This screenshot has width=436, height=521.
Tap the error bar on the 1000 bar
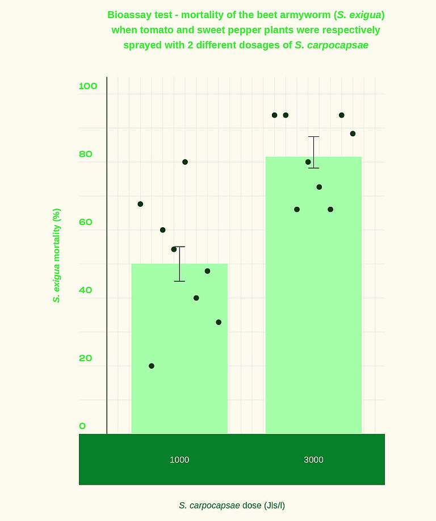tap(179, 264)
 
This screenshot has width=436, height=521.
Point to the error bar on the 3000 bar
tap(313, 152)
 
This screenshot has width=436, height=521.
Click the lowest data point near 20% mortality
tap(152, 366)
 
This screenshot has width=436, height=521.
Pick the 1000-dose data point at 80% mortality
tap(185, 162)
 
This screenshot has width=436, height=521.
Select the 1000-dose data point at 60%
tap(163, 230)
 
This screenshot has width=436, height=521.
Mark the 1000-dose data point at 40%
tap(196, 298)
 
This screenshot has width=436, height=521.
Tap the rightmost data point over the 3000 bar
tap(353, 134)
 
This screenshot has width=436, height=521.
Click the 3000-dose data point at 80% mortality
tap(308, 162)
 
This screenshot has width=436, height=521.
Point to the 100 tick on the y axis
tap(88, 86)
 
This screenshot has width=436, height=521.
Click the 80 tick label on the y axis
tap(85, 154)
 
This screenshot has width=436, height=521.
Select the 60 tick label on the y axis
tap(85, 222)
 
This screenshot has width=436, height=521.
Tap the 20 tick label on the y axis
tap(85, 358)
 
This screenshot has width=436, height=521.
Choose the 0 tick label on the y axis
tap(82, 426)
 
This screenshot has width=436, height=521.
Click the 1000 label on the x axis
tap(179, 460)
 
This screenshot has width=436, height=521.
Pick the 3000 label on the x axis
tap(313, 460)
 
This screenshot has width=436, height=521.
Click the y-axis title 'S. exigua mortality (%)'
tap(57, 256)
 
